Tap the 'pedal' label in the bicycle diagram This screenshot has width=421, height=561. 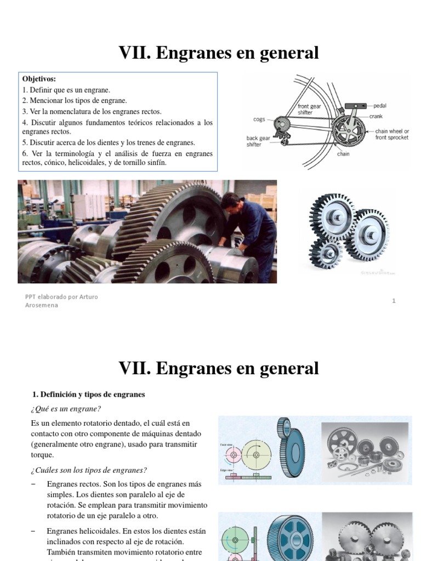pos(380,105)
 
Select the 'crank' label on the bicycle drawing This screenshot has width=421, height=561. pos(376,116)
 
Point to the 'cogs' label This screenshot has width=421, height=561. pos(259,119)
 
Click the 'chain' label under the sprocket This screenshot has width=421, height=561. pos(344,154)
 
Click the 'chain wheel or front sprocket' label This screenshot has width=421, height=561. pos(392,134)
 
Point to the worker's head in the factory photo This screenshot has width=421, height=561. pos(230,201)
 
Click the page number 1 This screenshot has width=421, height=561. pos(394,300)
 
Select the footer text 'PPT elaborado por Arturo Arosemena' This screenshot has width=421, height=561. pos(61,301)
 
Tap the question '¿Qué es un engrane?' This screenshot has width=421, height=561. pos(66,409)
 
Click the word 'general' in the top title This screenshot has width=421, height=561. pos(286,53)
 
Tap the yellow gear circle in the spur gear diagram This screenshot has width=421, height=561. pos(257,454)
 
